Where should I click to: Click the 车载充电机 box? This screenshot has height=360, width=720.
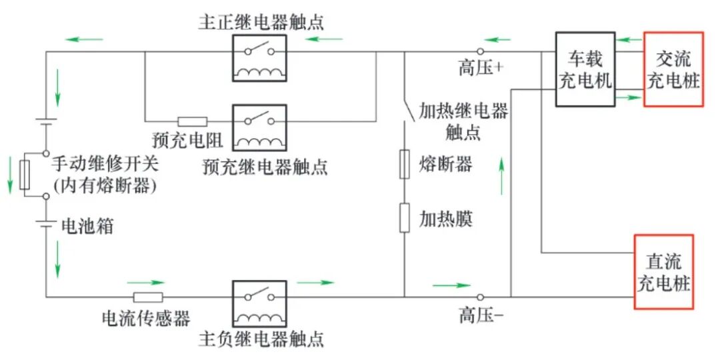click(585, 69)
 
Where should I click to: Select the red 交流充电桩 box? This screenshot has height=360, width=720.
click(673, 69)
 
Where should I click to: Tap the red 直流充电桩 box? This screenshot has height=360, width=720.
click(663, 272)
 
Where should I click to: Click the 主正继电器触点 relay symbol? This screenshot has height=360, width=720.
click(259, 58)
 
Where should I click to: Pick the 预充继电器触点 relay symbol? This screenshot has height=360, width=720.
click(259, 127)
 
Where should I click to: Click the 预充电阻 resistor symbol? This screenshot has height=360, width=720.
click(193, 122)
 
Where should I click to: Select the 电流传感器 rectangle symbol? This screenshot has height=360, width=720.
click(148, 297)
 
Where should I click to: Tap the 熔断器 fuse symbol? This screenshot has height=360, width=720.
click(405, 163)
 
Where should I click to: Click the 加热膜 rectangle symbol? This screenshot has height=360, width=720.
click(405, 217)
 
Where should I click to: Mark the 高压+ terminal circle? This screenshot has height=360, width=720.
click(480, 51)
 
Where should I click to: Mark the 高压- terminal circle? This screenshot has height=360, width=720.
click(480, 297)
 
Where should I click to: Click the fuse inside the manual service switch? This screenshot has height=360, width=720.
click(25, 175)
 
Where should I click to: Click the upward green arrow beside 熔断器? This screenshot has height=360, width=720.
click(501, 175)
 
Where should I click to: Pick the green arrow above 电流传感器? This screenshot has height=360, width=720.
click(145, 283)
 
